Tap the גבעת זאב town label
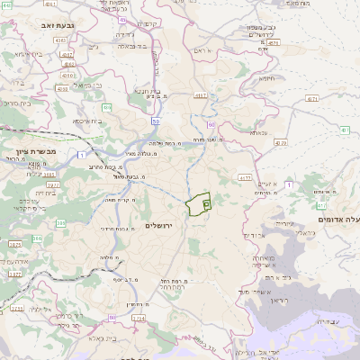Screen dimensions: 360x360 click(44, 27)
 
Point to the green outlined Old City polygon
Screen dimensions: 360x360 click(199, 204)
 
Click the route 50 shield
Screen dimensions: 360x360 click(156, 120)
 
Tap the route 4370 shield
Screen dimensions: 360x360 click(281, 142)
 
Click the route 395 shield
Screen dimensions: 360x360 click(61, 222)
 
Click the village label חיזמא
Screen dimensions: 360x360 click(266, 78)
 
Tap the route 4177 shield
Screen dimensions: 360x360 click(244, 178)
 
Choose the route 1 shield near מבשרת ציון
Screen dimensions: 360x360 click(82, 156)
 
